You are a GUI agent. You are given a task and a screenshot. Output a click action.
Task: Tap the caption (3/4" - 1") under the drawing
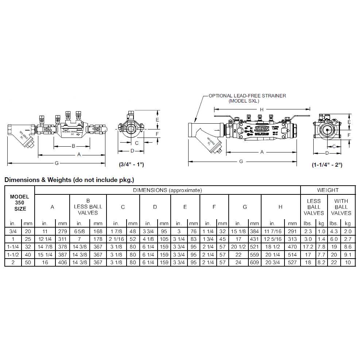(131, 164)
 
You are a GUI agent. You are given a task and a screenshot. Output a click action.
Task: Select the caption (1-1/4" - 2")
(327, 165)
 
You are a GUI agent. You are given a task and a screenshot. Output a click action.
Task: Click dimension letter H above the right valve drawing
(262, 109)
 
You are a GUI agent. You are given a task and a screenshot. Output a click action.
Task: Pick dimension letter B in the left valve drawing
(73, 146)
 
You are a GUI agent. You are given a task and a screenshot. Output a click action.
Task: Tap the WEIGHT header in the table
(328, 190)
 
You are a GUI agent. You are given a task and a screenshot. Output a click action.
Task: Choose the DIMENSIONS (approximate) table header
(167, 190)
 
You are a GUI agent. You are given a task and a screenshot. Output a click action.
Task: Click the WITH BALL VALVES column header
(341, 207)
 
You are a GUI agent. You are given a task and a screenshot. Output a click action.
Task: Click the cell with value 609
(255, 263)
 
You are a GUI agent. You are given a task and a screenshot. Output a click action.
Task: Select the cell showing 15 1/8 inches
(238, 231)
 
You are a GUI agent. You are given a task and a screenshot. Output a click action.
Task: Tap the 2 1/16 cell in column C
(116, 239)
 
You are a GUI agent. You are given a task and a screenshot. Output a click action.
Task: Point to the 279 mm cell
(62, 231)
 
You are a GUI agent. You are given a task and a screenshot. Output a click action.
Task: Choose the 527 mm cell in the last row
(292, 263)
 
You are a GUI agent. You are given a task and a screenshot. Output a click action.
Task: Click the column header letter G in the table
(245, 207)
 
